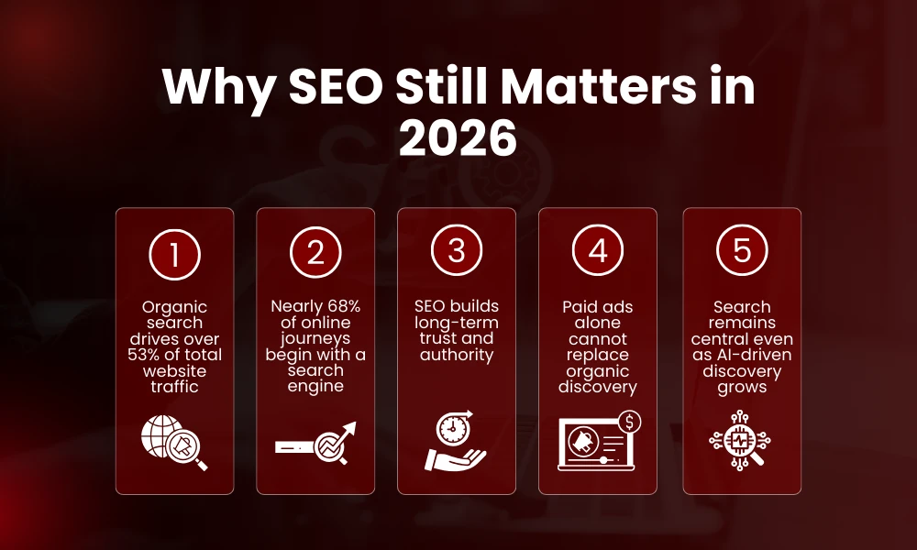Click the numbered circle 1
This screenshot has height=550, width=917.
coord(174,252)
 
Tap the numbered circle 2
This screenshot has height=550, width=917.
coord(315,252)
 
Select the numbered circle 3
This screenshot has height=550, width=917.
coord(457,252)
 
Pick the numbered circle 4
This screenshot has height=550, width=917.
coord(598,252)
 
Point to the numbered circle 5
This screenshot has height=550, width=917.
coord(742,252)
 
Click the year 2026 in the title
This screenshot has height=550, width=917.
coord(458,139)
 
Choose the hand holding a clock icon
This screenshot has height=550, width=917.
coord(457,445)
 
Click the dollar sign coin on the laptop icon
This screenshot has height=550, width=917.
coord(629,422)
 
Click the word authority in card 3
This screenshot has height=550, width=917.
coord(457,355)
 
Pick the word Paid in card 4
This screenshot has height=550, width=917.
coord(580,306)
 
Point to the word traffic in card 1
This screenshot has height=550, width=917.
coord(174,387)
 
